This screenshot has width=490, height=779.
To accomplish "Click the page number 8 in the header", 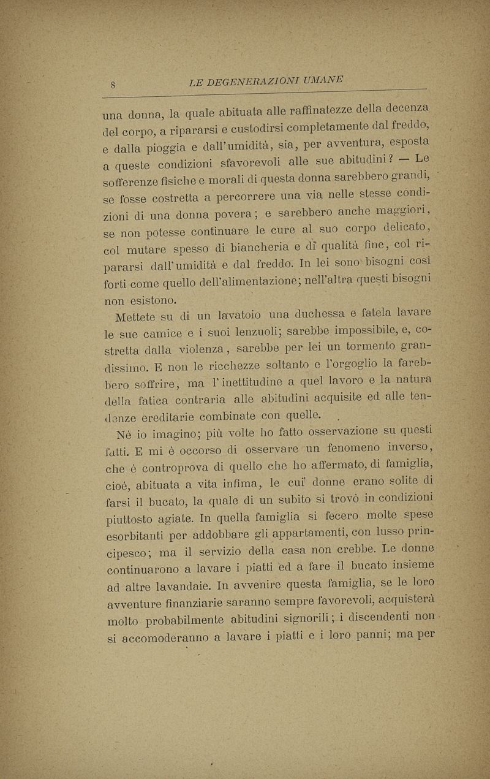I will pyautogui.click(x=115, y=84).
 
